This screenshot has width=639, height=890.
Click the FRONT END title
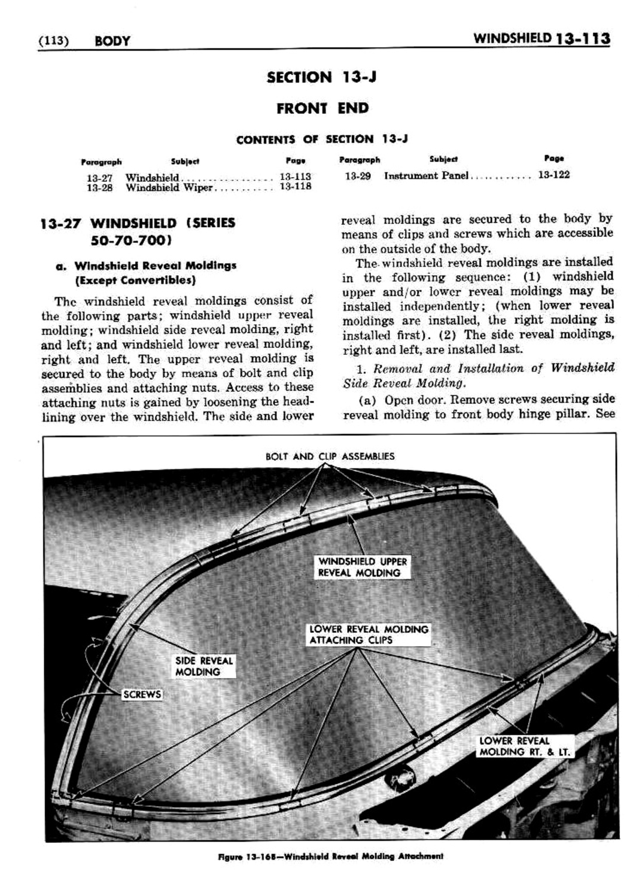click(x=322, y=108)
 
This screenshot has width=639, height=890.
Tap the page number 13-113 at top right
click(x=583, y=39)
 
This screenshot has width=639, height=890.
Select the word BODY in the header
click(x=112, y=41)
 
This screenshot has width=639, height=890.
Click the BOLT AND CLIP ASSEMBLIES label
click(x=330, y=456)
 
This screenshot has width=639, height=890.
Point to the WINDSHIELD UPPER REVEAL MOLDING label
click(x=362, y=567)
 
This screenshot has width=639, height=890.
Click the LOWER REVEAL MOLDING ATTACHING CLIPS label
click(x=369, y=635)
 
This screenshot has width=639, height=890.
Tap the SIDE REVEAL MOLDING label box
click(x=203, y=666)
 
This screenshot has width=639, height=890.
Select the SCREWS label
click(x=142, y=694)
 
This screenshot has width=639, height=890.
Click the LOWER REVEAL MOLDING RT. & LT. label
click(x=524, y=746)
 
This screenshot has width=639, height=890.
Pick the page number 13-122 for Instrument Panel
click(x=553, y=175)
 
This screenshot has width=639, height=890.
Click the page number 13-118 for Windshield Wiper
click(x=295, y=187)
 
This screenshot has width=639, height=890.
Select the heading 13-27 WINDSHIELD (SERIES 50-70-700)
click(x=138, y=231)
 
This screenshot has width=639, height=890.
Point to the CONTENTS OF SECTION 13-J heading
click(x=322, y=139)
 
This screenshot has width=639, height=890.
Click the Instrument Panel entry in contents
click(x=425, y=176)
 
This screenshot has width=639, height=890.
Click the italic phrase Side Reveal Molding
click(x=404, y=383)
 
